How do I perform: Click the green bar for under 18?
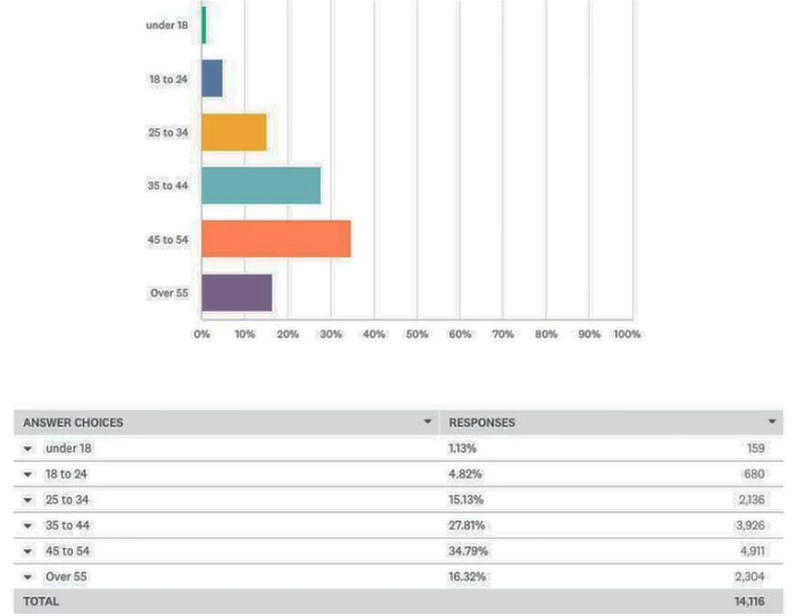[x=204, y=25]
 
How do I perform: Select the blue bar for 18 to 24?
[x=212, y=78]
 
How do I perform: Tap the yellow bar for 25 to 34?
[x=234, y=132]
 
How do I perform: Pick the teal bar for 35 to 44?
[x=261, y=186]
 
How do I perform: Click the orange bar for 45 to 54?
[x=276, y=239]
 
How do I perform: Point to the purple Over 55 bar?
[x=236, y=293]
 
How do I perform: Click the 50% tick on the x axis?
[x=417, y=335]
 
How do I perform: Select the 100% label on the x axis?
[x=626, y=335]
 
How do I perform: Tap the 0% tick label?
[x=201, y=335]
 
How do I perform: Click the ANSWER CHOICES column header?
[x=73, y=423]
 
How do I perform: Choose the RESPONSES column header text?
[x=481, y=423]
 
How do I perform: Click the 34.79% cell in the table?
[x=468, y=551]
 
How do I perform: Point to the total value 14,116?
[x=749, y=602]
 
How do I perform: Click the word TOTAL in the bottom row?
[x=41, y=602]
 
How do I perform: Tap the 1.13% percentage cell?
[x=462, y=449]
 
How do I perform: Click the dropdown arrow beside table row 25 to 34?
[x=29, y=500]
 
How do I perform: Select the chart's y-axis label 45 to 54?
[x=167, y=239]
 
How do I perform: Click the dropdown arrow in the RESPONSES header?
[x=772, y=422]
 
